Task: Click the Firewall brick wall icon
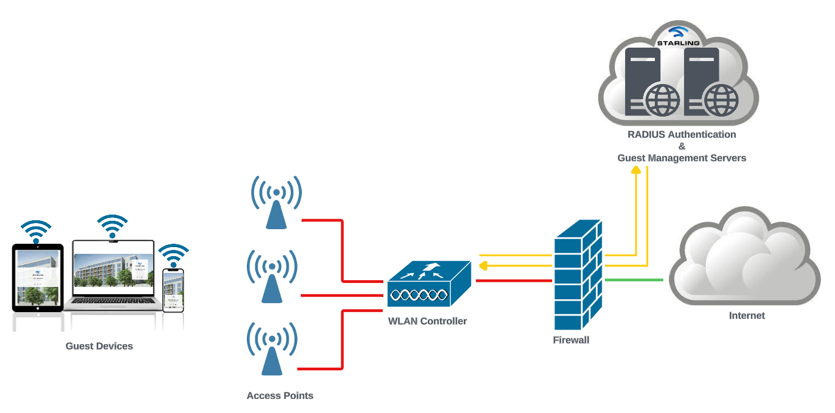578,275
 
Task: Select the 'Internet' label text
746,315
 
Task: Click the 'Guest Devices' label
99,346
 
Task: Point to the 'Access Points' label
280,396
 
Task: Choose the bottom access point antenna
272,349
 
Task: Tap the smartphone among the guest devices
173,290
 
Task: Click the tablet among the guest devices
38,277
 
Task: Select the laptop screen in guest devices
113,270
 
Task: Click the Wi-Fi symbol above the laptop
112,226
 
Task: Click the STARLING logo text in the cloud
678,43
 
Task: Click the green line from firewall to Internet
634,279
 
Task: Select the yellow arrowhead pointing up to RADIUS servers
636,170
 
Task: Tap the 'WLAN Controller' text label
428,321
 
